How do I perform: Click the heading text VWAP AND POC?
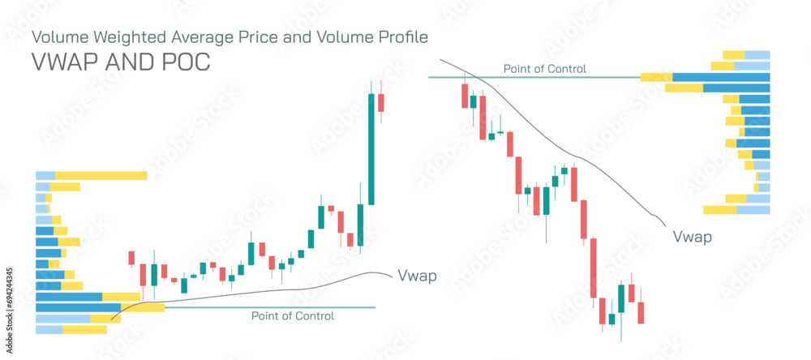click(120, 62)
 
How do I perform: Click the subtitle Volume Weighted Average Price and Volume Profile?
click(229, 36)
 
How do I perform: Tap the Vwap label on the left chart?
click(417, 276)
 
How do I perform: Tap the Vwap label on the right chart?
click(693, 237)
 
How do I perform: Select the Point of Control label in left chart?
click(292, 316)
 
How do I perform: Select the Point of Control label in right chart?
click(544, 69)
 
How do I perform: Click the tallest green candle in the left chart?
click(371, 149)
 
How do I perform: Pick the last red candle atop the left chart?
click(380, 103)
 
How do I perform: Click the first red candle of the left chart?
click(131, 258)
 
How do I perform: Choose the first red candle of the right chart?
click(465, 96)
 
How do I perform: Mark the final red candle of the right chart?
click(641, 312)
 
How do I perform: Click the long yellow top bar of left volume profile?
click(101, 175)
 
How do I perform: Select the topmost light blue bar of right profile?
click(757, 55)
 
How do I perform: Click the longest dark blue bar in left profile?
click(78, 307)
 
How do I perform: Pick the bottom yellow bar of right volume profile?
click(719, 210)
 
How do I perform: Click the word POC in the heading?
click(186, 62)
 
